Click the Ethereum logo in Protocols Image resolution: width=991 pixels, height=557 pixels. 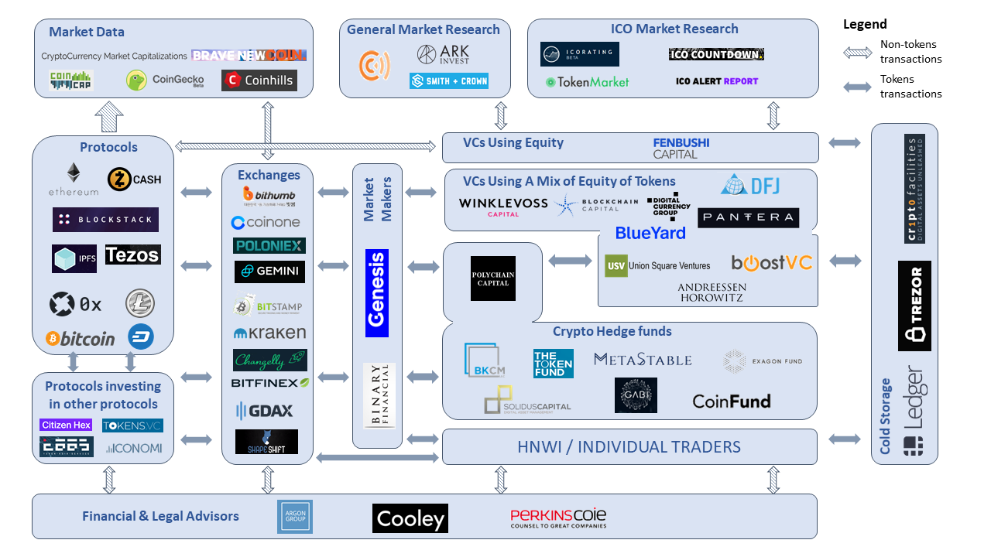(74, 179)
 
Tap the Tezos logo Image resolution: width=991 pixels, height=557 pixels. (132, 255)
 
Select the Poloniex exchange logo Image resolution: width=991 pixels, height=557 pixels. (269, 245)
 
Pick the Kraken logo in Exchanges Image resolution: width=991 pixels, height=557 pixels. (269, 333)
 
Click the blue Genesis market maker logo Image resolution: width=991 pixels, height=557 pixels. (377, 293)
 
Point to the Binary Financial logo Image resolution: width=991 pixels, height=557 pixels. (379, 395)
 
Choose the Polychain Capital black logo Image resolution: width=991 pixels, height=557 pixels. (493, 278)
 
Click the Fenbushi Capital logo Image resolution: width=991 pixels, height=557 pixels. (681, 148)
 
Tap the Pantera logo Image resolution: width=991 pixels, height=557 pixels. (748, 217)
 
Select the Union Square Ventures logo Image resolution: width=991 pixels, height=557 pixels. (657, 265)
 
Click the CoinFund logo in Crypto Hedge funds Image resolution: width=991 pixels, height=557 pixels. (731, 401)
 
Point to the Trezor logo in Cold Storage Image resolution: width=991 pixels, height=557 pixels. (914, 306)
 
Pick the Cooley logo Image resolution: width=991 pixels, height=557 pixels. (410, 518)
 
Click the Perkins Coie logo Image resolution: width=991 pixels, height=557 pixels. (557, 518)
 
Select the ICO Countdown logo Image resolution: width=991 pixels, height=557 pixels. (716, 54)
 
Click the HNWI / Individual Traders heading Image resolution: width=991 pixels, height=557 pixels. (629, 446)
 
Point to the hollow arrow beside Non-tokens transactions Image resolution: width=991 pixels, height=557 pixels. (856, 53)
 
